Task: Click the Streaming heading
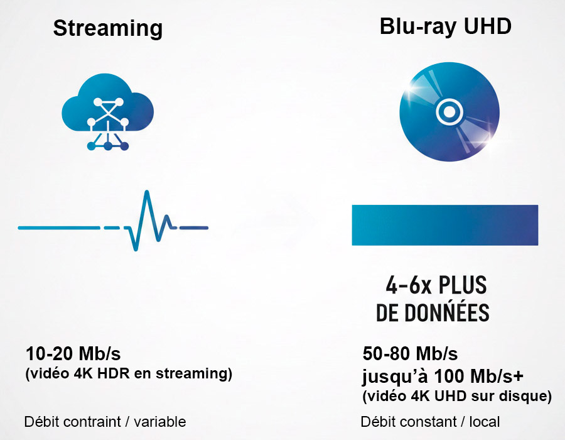tap(107, 28)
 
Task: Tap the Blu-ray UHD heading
tap(446, 26)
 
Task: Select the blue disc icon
tap(449, 113)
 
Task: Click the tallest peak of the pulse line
tap(146, 192)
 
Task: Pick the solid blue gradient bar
tap(444, 224)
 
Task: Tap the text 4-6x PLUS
tap(436, 286)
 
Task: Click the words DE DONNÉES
tap(433, 313)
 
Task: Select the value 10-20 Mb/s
tap(73, 353)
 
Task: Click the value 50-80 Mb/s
tap(411, 353)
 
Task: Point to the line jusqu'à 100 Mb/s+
tap(443, 376)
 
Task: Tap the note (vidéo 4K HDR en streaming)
tap(129, 374)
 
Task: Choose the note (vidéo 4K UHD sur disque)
tap(457, 397)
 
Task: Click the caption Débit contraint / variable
tap(105, 421)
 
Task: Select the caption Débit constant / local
tap(431, 421)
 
